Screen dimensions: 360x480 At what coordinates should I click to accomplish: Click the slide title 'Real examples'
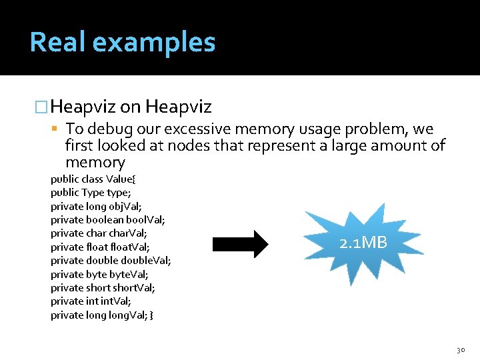click(123, 42)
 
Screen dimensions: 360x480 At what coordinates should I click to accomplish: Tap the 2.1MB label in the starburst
click(363, 243)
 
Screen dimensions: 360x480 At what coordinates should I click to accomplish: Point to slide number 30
click(461, 349)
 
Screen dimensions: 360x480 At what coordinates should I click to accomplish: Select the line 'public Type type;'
click(92, 193)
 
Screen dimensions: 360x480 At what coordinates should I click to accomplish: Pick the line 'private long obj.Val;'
click(95, 206)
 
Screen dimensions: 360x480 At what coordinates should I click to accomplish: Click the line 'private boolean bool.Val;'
click(108, 219)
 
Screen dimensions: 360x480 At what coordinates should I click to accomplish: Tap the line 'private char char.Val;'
click(99, 233)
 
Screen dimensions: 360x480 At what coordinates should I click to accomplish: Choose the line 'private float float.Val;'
click(100, 247)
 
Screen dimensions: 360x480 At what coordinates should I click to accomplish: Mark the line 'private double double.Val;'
click(111, 261)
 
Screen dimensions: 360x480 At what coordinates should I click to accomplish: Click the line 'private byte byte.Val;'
click(99, 274)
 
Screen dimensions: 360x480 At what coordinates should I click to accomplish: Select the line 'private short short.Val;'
click(103, 288)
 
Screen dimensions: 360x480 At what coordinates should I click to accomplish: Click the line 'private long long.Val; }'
click(102, 315)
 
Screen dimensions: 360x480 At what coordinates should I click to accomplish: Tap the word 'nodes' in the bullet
click(189, 146)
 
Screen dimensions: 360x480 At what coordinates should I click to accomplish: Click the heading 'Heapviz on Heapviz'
click(131, 107)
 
